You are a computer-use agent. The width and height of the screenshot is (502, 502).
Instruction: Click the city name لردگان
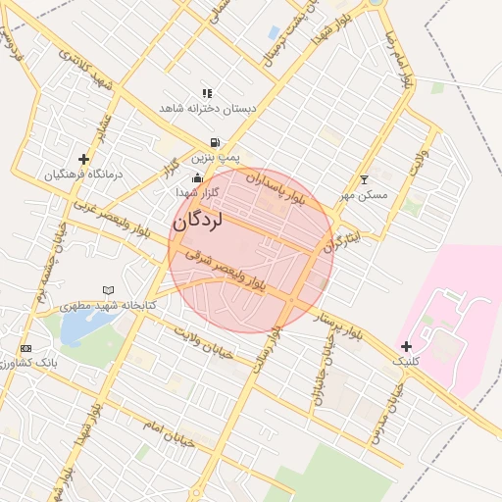click(198, 221)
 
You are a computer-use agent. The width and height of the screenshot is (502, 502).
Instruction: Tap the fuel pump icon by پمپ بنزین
click(214, 142)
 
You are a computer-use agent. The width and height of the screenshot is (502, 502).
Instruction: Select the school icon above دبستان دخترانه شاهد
click(207, 93)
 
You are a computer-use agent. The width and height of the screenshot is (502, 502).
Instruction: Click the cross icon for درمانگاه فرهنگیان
click(83, 159)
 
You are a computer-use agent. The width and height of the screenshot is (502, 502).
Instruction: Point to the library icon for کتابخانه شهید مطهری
click(108, 290)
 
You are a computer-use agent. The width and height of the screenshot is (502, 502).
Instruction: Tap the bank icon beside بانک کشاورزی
click(25, 348)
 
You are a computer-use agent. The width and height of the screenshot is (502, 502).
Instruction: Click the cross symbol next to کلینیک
click(406, 346)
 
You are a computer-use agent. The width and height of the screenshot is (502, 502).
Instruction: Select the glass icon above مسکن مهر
click(365, 179)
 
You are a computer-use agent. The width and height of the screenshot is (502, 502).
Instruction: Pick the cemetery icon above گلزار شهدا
click(198, 177)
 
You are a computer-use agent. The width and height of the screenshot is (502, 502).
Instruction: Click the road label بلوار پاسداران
click(276, 189)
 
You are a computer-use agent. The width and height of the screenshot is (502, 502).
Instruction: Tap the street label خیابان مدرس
click(384, 413)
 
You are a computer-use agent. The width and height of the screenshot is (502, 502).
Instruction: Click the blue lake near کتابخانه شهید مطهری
click(74, 327)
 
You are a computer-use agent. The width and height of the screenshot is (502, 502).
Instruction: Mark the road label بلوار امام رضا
click(396, 59)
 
